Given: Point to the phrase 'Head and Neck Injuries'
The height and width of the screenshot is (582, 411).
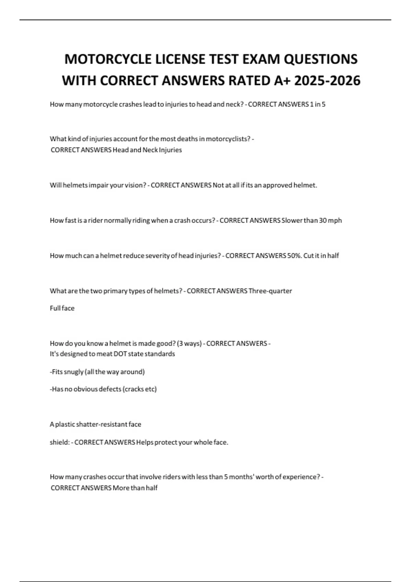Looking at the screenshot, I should [147, 150].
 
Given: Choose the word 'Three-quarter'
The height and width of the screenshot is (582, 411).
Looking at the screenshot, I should [270, 291].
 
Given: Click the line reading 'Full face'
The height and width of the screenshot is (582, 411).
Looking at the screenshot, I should [62, 308].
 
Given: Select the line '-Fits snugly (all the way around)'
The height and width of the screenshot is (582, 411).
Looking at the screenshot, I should [97, 372].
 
